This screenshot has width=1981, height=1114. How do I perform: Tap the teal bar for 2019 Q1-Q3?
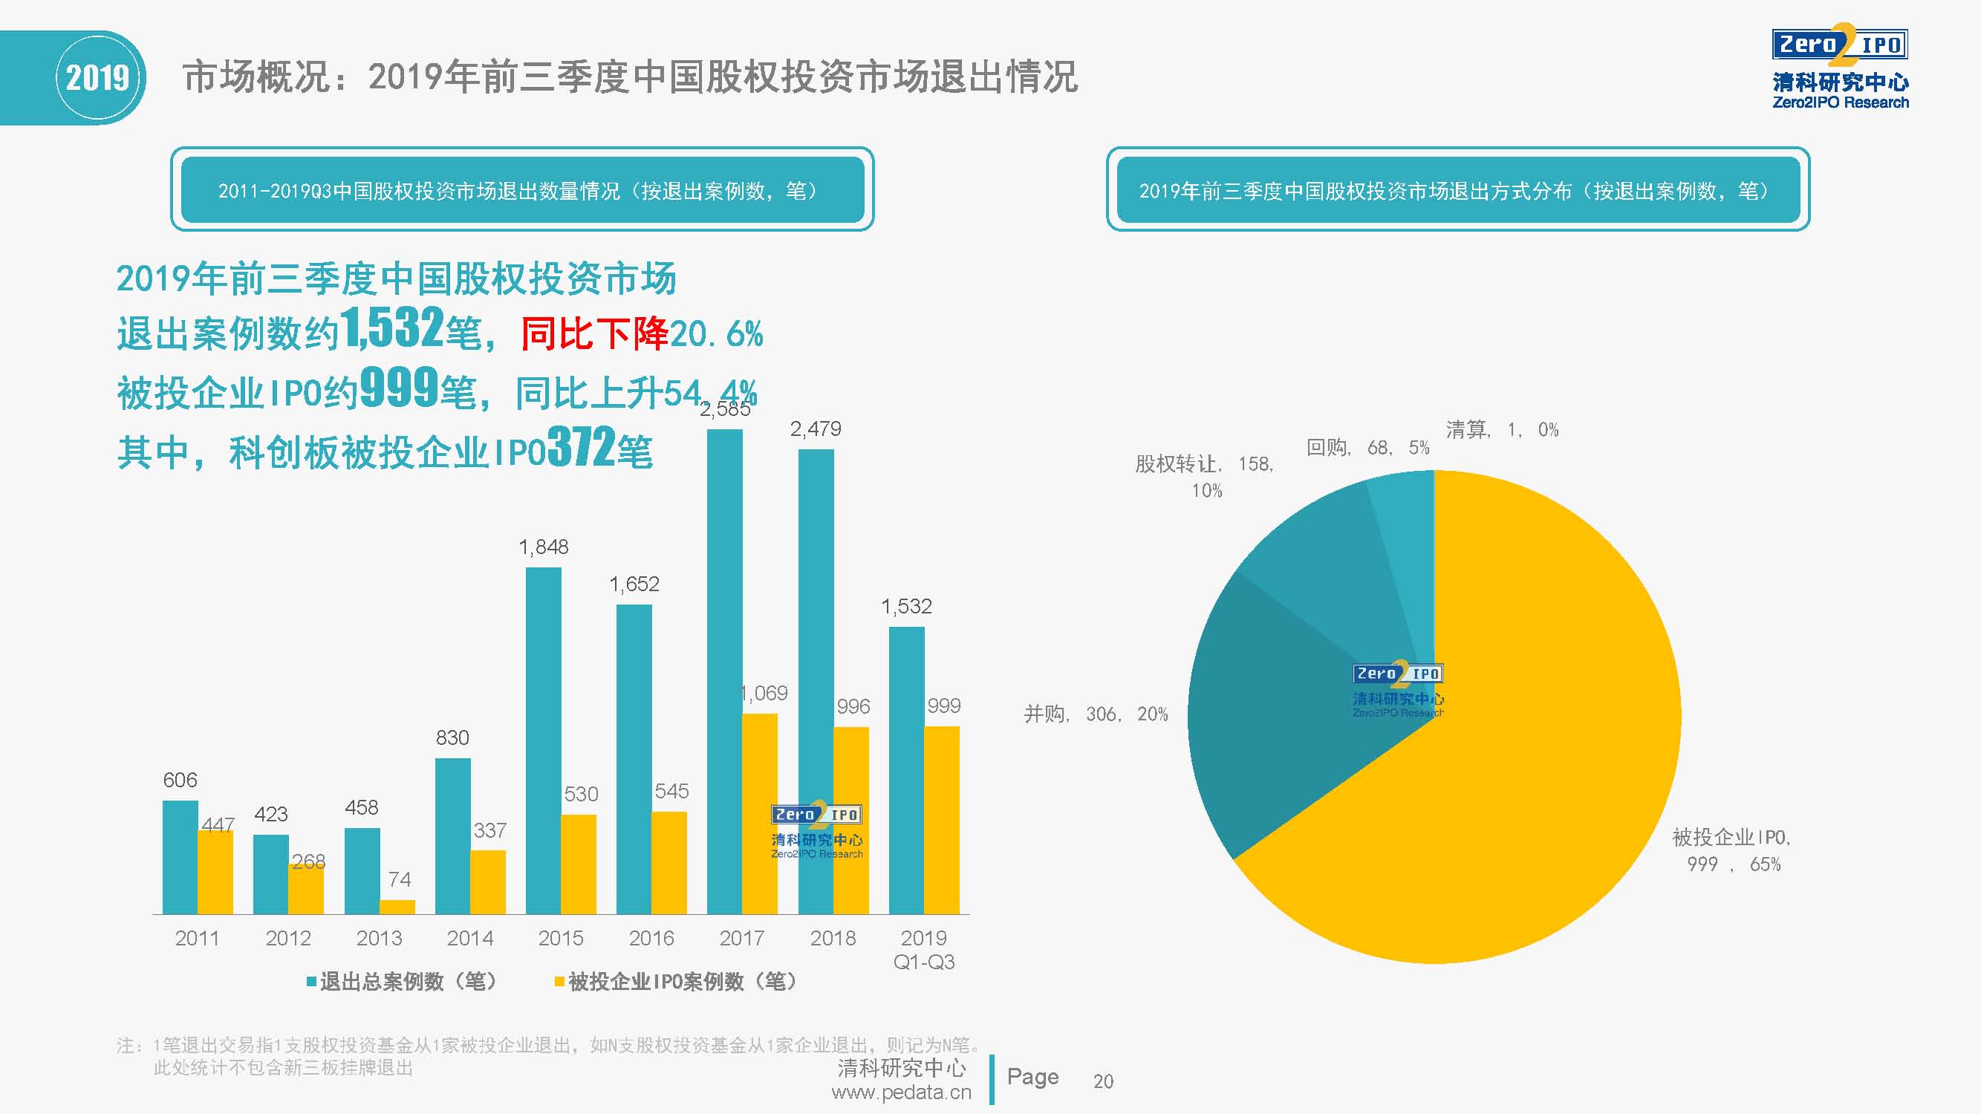pos(907,769)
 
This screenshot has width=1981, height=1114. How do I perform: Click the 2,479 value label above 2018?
pos(815,429)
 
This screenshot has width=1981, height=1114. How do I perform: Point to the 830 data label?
pos(452,738)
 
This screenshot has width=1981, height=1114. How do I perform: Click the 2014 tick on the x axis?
pos(470,938)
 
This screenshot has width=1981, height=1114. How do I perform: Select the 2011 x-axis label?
pos(197,938)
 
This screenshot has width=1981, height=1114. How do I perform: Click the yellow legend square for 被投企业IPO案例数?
pos(560,982)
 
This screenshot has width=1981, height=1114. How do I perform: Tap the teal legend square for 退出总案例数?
pos(311,982)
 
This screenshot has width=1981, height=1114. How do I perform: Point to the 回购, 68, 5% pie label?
pos(1367,447)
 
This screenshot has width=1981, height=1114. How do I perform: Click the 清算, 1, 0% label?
pos(1502,430)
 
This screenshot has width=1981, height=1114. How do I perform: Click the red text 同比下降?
pos(594,333)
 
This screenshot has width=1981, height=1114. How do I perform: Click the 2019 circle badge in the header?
pos(97,78)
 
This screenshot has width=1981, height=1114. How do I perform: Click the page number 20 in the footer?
pos(1103,1081)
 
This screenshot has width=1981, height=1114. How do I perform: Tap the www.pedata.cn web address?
pos(901,1092)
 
